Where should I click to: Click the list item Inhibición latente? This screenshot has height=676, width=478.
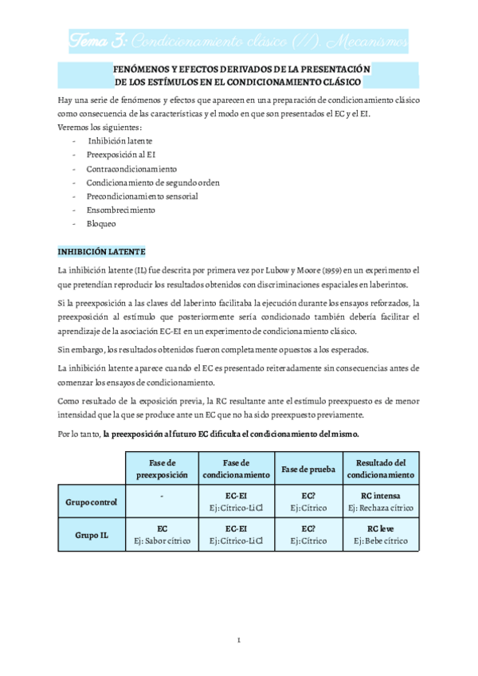click(119, 140)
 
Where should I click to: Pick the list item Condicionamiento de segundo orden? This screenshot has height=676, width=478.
click(153, 183)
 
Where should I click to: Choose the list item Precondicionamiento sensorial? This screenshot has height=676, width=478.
click(143, 196)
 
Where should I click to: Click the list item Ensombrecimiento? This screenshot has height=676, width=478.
click(121, 210)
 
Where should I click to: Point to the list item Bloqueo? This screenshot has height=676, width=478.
click(103, 224)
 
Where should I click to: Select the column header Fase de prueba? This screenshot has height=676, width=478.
click(304, 468)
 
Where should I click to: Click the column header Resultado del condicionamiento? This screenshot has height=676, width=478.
click(381, 468)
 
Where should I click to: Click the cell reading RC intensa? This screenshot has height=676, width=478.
click(381, 496)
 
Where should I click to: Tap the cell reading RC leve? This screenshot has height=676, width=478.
click(381, 529)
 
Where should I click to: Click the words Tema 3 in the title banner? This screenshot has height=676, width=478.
click(96, 38)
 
